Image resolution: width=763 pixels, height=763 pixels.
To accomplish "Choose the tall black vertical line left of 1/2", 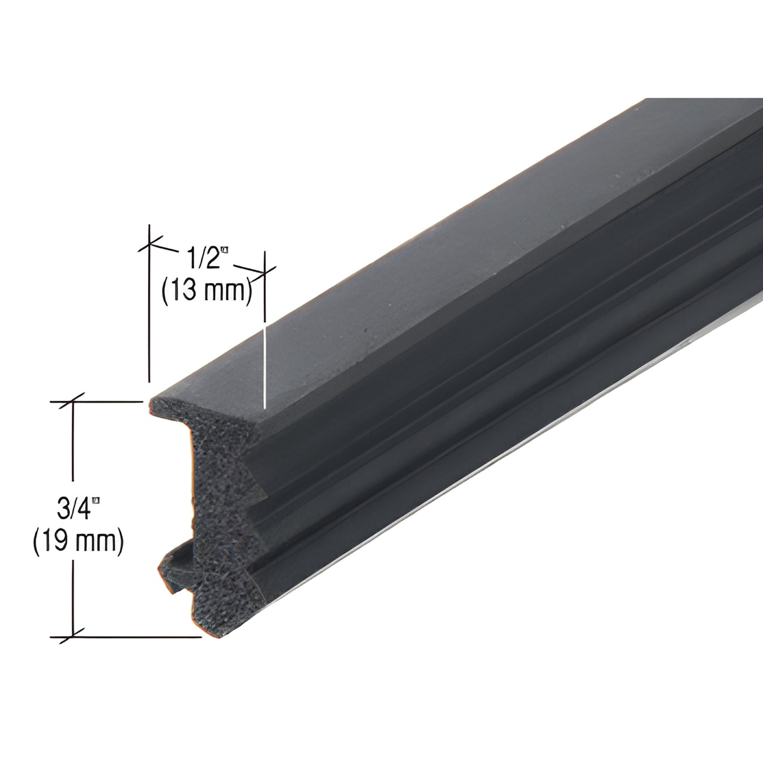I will [x=150, y=306].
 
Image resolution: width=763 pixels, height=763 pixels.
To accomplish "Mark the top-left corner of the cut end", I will [x=152, y=401].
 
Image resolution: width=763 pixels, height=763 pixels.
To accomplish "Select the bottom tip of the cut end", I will [x=214, y=636].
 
